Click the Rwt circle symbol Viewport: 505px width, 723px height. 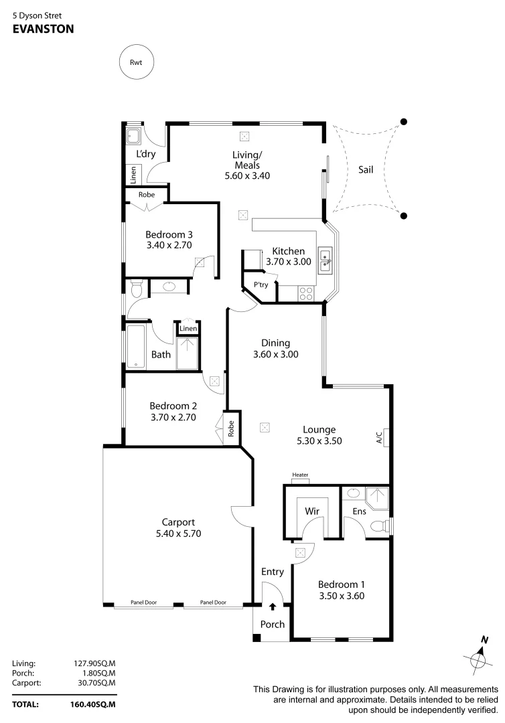coord(136,63)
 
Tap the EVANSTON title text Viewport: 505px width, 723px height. coord(43,29)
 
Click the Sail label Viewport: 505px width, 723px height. coord(366,169)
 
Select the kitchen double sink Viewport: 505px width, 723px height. coord(325,260)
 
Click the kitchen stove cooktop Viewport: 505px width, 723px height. coord(305,293)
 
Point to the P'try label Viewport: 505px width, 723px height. coord(261,285)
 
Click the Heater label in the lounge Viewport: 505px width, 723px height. coord(301,475)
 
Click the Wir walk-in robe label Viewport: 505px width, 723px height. coord(311,511)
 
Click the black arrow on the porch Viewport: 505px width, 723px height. coord(273,607)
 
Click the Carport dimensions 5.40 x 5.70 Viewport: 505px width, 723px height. coord(178,534)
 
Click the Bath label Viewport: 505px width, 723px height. coord(161,355)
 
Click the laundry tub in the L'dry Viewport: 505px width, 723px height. coord(133,137)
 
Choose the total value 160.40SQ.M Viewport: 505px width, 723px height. coord(93,704)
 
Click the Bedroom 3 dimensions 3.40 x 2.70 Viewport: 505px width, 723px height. coord(169,246)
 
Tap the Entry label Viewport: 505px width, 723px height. coord(273,572)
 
